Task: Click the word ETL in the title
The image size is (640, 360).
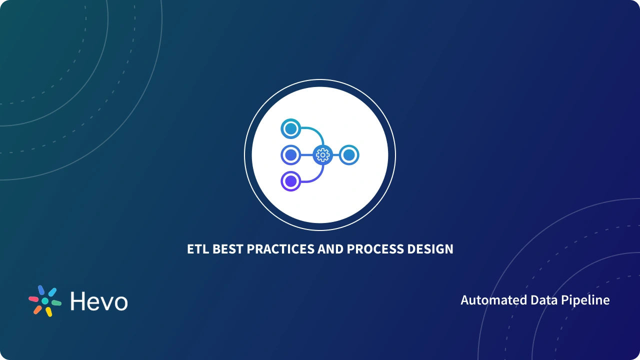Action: coord(198,249)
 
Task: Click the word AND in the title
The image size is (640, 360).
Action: coord(330,249)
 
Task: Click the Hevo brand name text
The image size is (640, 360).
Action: coord(99,301)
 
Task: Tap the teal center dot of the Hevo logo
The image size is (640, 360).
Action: coord(45,301)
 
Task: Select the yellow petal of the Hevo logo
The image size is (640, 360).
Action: coord(49,311)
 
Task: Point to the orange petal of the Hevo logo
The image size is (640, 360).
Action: coord(37,310)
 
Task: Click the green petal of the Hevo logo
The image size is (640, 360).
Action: coord(56,303)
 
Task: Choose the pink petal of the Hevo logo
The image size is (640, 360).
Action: coord(33,299)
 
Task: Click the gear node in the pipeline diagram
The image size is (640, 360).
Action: coord(323,155)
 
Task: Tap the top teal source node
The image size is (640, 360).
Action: coord(291,128)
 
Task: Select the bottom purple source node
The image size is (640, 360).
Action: coord(291,181)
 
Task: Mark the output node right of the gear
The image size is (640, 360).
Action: coord(349,155)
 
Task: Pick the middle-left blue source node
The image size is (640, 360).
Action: coord(291,155)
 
